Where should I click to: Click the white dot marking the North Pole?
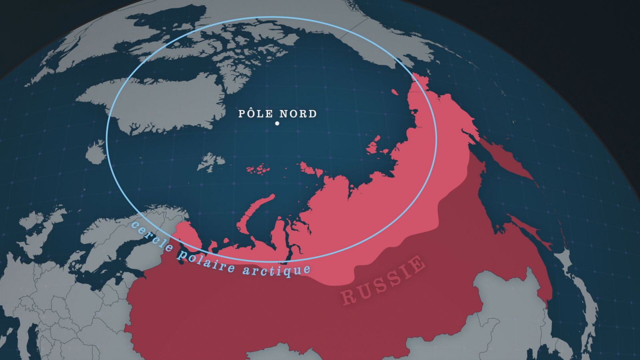pyautogui.click(x=277, y=124)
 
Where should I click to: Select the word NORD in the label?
pyautogui.click(x=298, y=114)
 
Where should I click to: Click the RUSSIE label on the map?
pyautogui.click(x=383, y=280)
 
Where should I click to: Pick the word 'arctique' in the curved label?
pyautogui.click(x=276, y=270)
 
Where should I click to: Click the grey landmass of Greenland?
pyautogui.click(x=160, y=102)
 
